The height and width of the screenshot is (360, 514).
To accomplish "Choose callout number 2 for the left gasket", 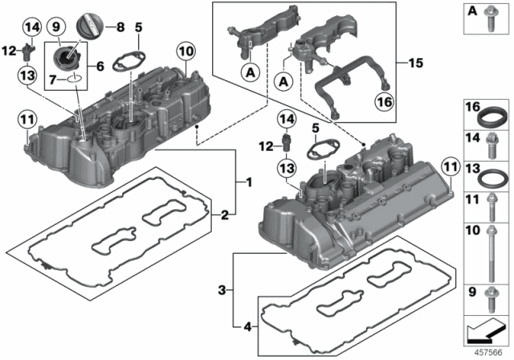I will point(227,215).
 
